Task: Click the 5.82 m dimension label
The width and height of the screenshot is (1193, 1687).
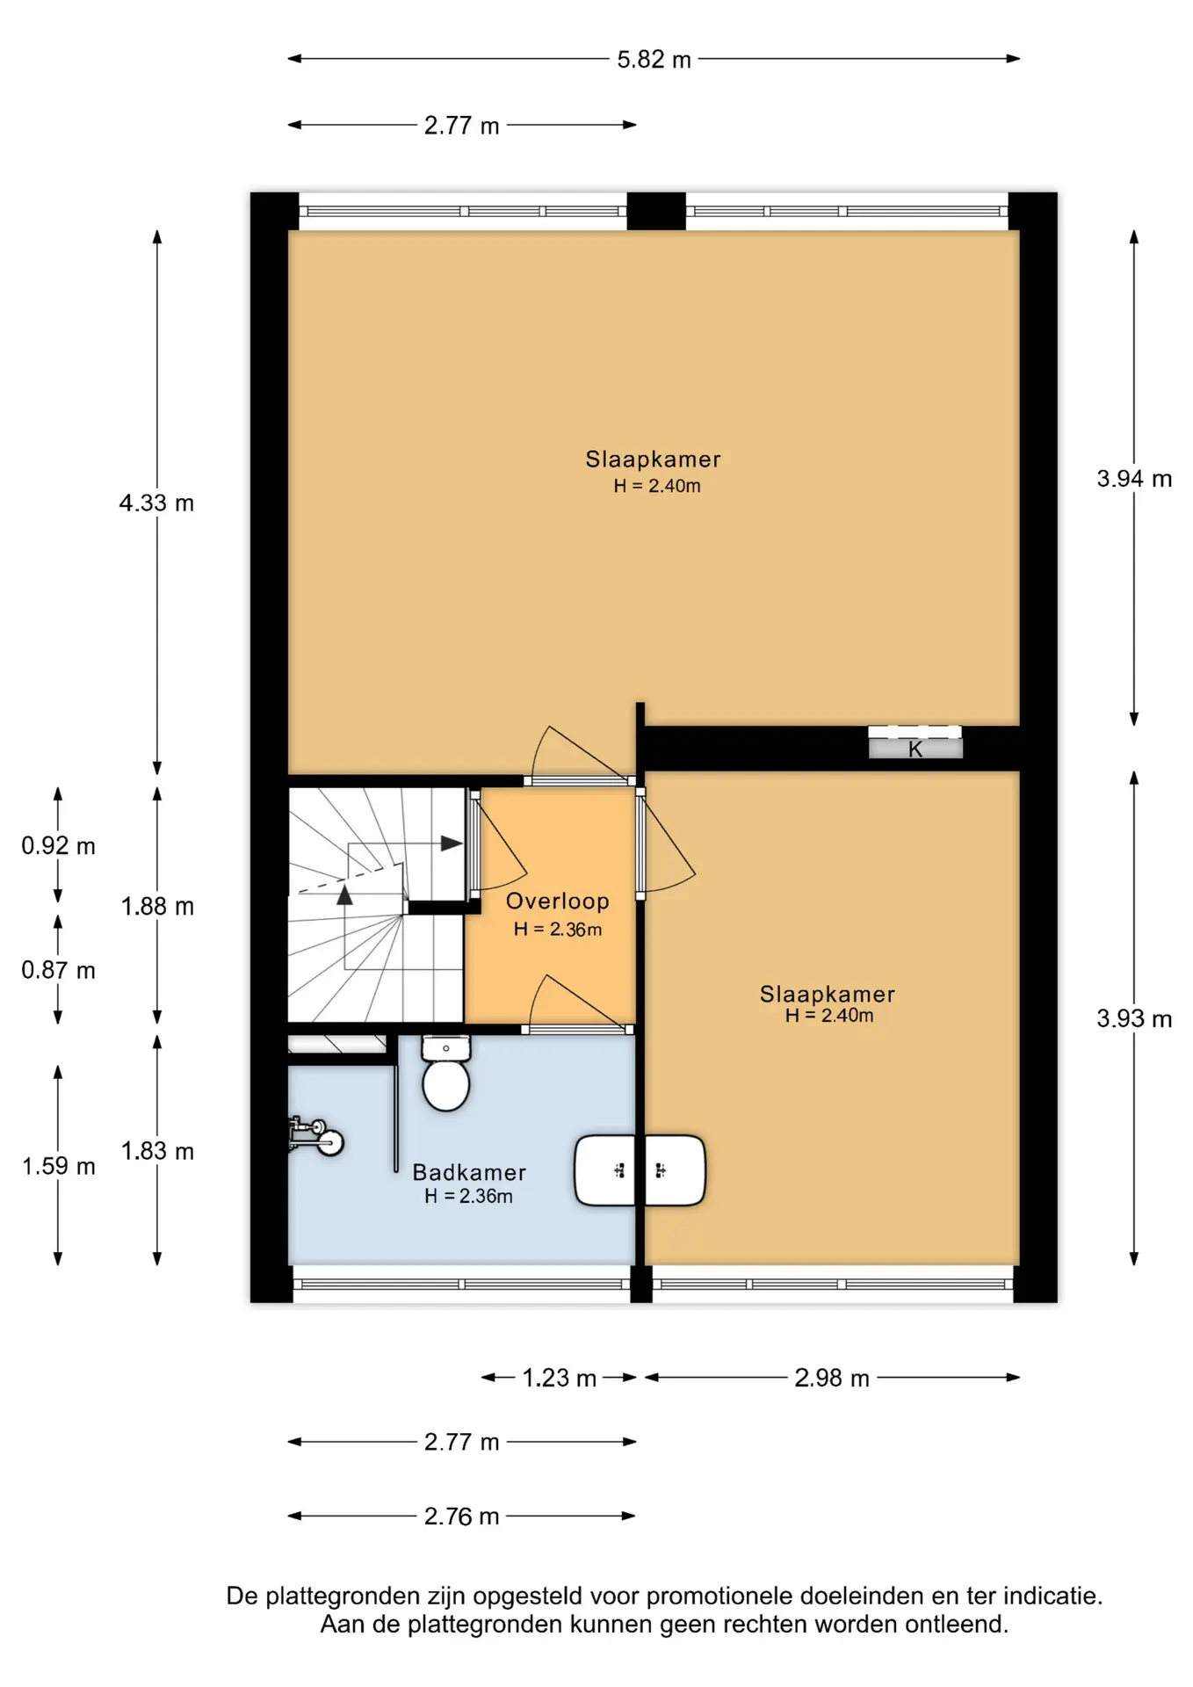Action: pyautogui.click(x=654, y=60)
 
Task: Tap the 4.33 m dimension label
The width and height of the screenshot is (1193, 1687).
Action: pyautogui.click(x=156, y=503)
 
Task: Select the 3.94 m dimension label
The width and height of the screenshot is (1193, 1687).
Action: pyautogui.click(x=1134, y=479)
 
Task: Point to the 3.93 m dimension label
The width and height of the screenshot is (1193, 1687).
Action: pyautogui.click(x=1134, y=1018)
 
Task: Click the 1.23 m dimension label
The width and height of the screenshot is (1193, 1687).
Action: pyautogui.click(x=560, y=1378)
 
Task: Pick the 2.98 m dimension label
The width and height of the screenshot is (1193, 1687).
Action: pyautogui.click(x=832, y=1378)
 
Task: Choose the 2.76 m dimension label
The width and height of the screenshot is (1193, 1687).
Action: pyautogui.click(x=462, y=1517)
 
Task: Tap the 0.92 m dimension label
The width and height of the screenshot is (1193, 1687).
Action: pyautogui.click(x=58, y=846)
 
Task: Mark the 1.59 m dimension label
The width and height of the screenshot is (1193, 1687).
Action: pyautogui.click(x=58, y=1166)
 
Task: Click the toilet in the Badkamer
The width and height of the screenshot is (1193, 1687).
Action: pyautogui.click(x=446, y=1073)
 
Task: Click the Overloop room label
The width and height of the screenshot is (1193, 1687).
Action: pyautogui.click(x=558, y=901)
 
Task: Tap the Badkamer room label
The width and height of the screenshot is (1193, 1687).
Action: pyautogui.click(x=469, y=1173)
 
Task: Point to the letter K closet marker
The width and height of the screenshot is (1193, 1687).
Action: pyautogui.click(x=915, y=749)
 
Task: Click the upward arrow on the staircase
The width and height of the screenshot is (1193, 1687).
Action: pyautogui.click(x=344, y=894)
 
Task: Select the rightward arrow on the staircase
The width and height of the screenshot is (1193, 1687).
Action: pyautogui.click(x=452, y=843)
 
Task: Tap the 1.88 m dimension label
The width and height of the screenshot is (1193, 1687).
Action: pyautogui.click(x=157, y=906)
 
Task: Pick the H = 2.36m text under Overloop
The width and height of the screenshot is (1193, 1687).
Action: pyautogui.click(x=558, y=930)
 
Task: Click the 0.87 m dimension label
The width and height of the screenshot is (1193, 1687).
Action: pyautogui.click(x=58, y=970)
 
